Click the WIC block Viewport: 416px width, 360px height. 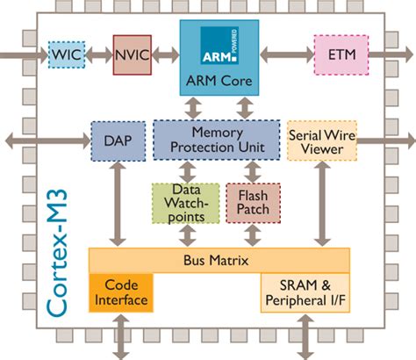[x=67, y=54]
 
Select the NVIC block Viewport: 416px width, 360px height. [x=133, y=55]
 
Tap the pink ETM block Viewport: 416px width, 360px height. [x=341, y=55]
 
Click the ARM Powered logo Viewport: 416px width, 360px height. [x=219, y=46]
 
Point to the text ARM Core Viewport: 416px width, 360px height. [x=219, y=81]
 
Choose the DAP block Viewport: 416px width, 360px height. [x=118, y=141]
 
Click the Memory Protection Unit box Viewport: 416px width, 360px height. [x=217, y=140]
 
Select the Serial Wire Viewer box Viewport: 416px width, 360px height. [x=322, y=140]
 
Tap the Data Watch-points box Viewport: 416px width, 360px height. [x=186, y=204]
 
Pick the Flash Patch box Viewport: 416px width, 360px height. [x=253, y=203]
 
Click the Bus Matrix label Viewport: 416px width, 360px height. [x=216, y=260]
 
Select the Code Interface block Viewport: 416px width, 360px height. [x=121, y=292]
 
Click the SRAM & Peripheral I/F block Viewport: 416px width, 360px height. [x=305, y=292]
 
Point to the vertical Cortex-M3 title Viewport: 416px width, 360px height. [x=56, y=254]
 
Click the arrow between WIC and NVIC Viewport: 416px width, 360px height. [x=99, y=55]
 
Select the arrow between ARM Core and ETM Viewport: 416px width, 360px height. [x=287, y=55]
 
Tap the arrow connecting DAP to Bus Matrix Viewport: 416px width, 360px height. [x=118, y=204]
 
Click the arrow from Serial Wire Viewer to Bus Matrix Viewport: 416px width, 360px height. [x=322, y=204]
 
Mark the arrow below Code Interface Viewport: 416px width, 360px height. [x=121, y=336]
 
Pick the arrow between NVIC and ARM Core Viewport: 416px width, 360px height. [x=166, y=55]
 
